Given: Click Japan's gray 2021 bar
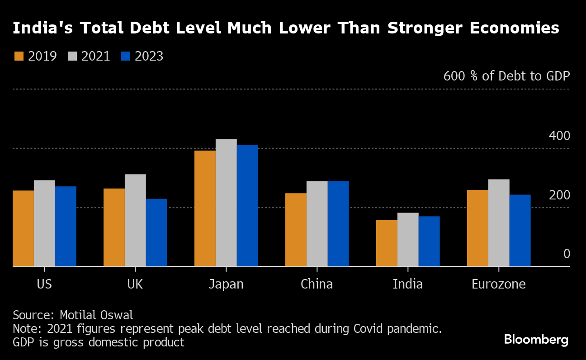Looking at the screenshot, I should (x=226, y=203).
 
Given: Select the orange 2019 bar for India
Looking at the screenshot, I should (x=387, y=243).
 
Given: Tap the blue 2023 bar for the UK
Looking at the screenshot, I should (x=156, y=232).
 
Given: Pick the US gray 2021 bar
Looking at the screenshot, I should (x=44, y=223).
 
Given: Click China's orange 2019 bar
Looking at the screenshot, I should (x=296, y=230).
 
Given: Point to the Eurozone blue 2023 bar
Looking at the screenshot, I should (x=520, y=231).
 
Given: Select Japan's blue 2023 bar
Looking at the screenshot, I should (x=247, y=206).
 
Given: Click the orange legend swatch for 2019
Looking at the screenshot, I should (x=19, y=56).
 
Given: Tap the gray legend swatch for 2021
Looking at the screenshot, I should (x=72, y=56).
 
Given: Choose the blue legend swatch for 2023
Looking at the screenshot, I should (x=126, y=56).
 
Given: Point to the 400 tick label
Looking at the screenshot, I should (x=559, y=136).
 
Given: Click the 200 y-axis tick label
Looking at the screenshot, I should (x=559, y=195).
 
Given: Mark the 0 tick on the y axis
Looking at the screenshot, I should (x=566, y=254).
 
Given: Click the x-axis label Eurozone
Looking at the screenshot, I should (x=499, y=284).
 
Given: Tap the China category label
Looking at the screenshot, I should (x=317, y=284).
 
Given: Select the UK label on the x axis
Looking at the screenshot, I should (x=135, y=284).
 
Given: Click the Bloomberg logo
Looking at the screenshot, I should (x=536, y=340).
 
